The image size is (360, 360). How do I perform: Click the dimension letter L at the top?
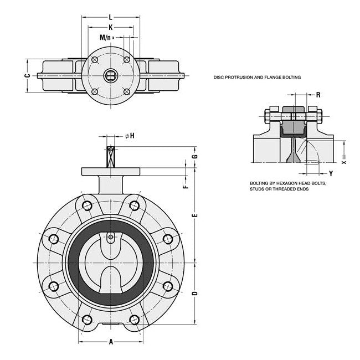[x=111, y=18]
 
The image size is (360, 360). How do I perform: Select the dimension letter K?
[x=111, y=27]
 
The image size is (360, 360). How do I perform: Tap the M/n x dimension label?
[x=106, y=38]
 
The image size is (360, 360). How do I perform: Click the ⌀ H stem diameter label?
[x=130, y=136]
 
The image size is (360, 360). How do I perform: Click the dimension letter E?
[x=194, y=214]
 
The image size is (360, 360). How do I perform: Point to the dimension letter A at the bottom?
[x=111, y=342]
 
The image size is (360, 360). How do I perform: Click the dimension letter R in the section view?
[x=318, y=95]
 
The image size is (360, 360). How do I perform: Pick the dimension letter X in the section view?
[x=343, y=163]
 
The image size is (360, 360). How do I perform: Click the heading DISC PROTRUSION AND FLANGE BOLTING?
[x=257, y=78]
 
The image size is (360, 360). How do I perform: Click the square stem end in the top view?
[x=111, y=76]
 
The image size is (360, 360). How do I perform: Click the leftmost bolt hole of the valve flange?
[x=54, y=239]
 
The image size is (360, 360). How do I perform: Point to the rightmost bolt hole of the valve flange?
[x=168, y=239]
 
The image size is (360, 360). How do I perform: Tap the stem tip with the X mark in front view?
[x=111, y=151]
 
